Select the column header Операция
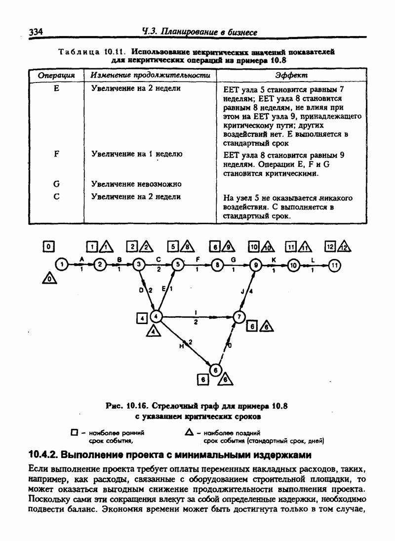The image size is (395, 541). pos(56,76)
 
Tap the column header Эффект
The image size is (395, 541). pos(291,76)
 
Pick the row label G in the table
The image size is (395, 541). pos(56,184)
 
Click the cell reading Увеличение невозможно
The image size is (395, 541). pos(137,184)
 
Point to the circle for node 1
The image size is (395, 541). pos(61,265)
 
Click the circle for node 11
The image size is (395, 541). pos(335,265)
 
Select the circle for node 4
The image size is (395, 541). pos(156,316)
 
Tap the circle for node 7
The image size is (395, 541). pos(239,316)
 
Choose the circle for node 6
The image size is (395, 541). pos(215,370)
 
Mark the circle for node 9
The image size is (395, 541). pos(255,265)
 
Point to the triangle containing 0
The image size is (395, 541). pos(48,280)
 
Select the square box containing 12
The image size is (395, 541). pos(330,246)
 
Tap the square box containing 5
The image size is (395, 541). pos(173,246)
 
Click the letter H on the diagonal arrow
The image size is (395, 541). pos(182,346)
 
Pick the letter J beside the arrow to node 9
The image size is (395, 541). pos(242,292)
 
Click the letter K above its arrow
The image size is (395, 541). pos(274,259)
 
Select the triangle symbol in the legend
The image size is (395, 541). pos(189,432)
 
